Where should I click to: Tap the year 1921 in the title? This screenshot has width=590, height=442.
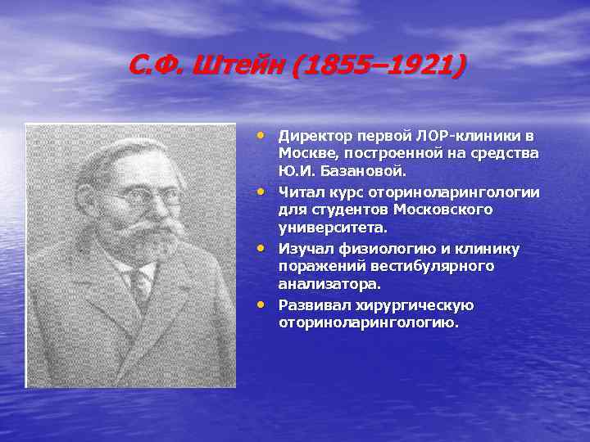[411, 65]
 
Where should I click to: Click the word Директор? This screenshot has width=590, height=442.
[314, 136]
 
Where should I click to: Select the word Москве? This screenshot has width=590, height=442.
[305, 154]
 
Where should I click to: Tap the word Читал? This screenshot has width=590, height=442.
[300, 192]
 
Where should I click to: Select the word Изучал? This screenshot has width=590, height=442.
[304, 247]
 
